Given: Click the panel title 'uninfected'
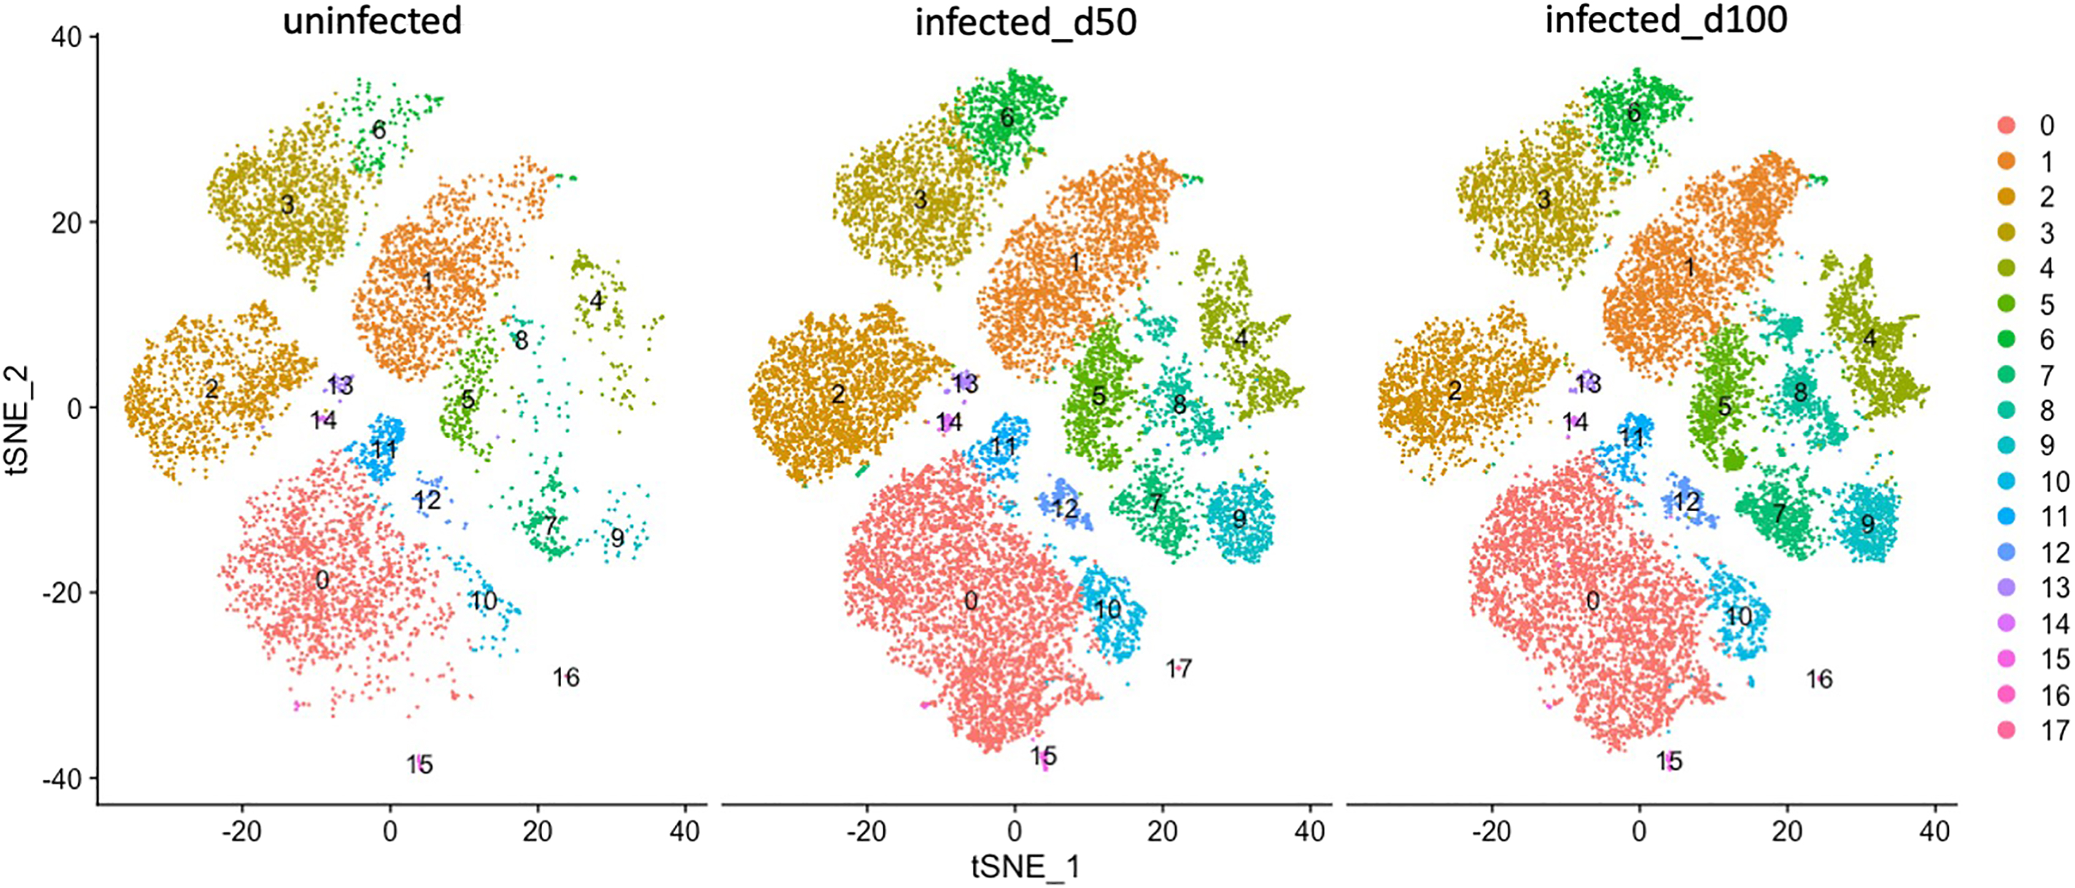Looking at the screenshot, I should click(x=372, y=21).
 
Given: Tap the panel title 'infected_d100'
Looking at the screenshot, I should click(x=1666, y=19).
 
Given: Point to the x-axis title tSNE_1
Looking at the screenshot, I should click(x=1025, y=867).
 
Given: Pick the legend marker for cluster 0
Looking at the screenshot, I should click(x=2006, y=125).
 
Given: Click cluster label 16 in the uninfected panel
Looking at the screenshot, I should click(x=566, y=677).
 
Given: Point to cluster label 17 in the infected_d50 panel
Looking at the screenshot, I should click(x=1179, y=668).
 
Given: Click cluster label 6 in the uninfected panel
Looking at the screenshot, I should click(x=379, y=130).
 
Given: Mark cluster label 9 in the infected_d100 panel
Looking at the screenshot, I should click(x=1867, y=524).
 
